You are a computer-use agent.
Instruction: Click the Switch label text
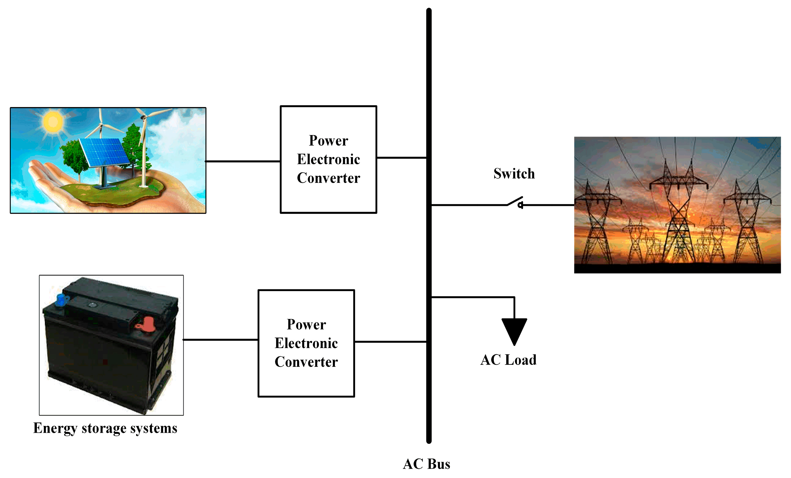(x=514, y=174)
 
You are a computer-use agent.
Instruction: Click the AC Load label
(x=508, y=360)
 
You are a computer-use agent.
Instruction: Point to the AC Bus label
(x=426, y=464)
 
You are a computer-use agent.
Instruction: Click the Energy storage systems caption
(x=105, y=428)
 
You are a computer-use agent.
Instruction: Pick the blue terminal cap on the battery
(x=61, y=300)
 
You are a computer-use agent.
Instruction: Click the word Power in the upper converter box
(x=329, y=141)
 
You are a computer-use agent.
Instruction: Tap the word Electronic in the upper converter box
(x=329, y=159)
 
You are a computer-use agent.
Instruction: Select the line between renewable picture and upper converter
(x=243, y=161)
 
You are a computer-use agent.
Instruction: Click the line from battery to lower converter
(x=221, y=340)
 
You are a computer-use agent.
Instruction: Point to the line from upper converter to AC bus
(x=401, y=158)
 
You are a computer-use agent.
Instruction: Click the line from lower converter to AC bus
(x=390, y=342)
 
